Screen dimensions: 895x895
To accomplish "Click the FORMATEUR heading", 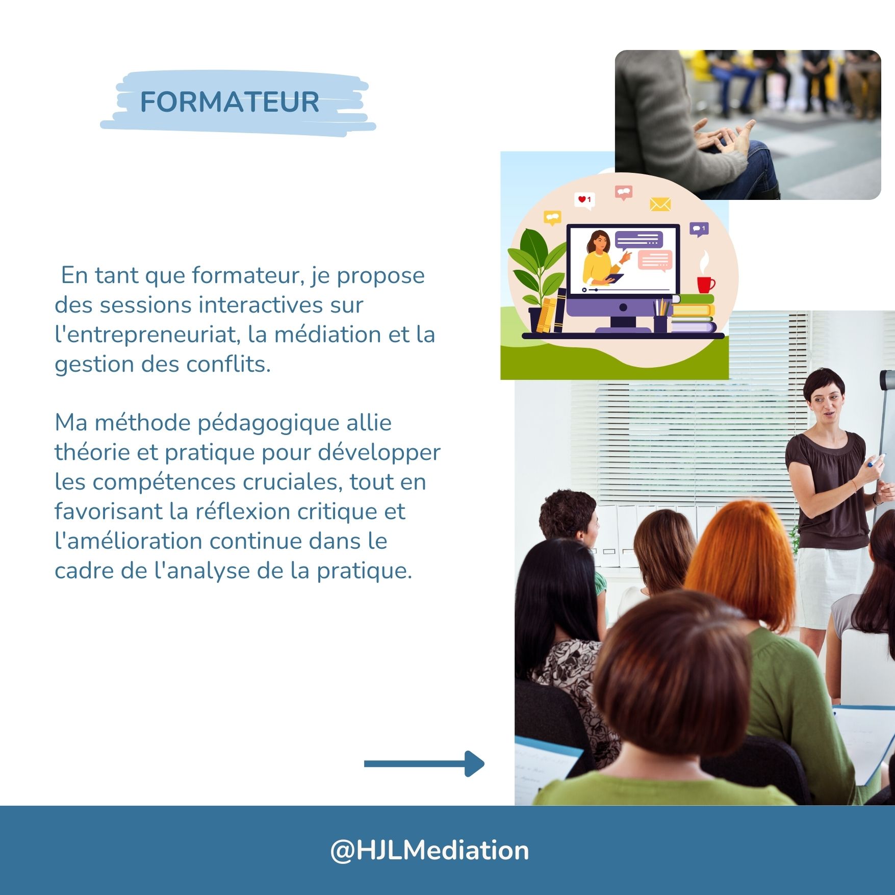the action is pos(229,102).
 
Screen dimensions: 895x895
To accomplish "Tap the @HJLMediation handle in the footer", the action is pos(429,850).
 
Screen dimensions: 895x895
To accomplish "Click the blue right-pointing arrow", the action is pos(424,763).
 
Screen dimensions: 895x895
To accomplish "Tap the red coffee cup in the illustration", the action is pos(706,284).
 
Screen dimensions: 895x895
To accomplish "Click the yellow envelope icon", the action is pos(660,204).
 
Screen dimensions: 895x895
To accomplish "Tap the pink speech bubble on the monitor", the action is pos(655,261).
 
